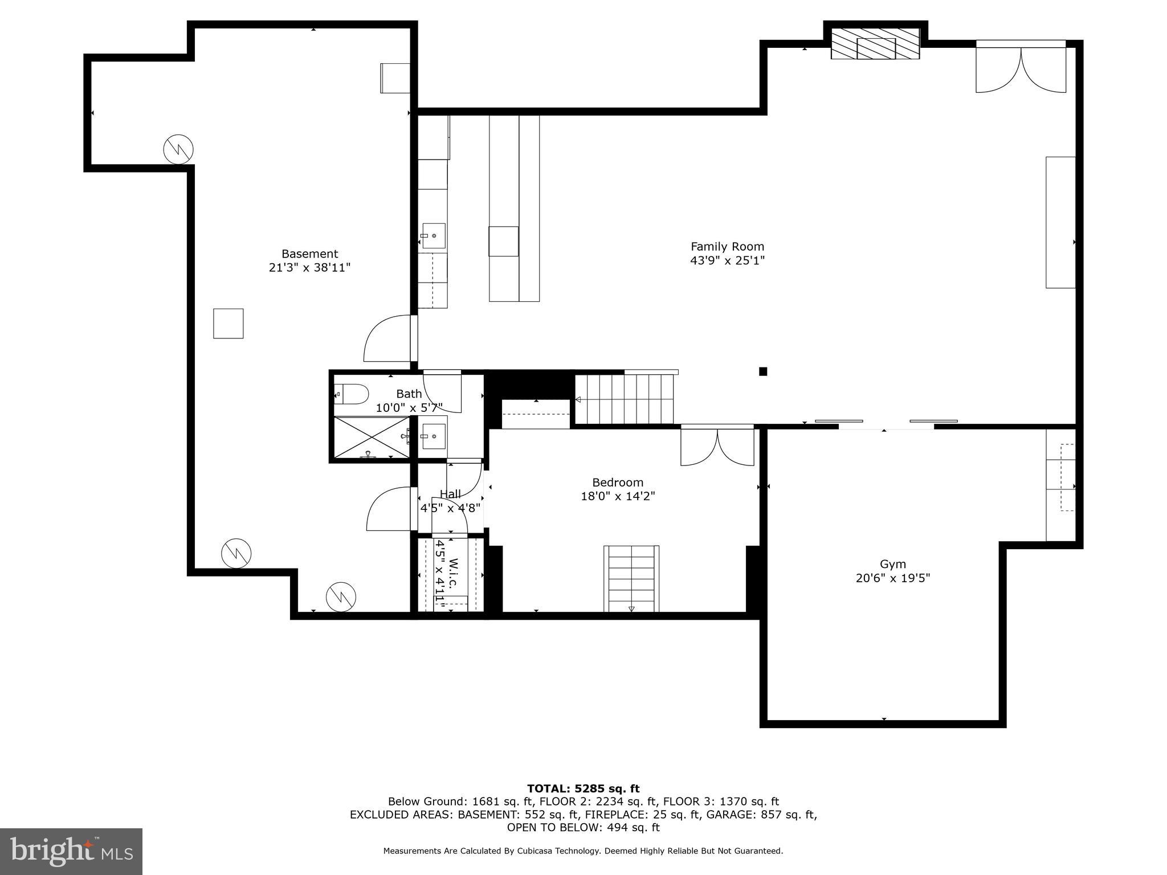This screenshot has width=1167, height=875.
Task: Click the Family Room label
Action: click(727, 247)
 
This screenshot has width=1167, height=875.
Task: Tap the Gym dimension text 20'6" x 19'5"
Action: click(892, 578)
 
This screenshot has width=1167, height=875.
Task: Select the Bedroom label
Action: click(618, 483)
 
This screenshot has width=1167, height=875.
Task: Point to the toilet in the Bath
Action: click(352, 394)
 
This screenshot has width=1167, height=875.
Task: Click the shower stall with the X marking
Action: click(371, 437)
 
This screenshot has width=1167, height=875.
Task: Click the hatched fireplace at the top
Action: click(875, 44)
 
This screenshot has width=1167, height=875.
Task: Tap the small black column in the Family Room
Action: click(763, 371)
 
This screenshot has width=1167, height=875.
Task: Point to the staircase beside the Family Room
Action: click(625, 399)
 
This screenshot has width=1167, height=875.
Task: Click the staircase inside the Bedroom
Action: click(631, 578)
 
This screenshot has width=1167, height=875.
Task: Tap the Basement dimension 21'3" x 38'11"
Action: click(309, 268)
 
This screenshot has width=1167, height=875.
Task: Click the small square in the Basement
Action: click(228, 324)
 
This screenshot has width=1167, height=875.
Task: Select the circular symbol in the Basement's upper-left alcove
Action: click(178, 150)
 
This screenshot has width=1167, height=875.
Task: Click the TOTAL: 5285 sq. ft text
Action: click(583, 789)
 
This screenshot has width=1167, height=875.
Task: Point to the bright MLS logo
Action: click(71, 852)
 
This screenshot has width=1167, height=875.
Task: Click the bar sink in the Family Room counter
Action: click(433, 236)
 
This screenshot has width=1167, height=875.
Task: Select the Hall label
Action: click(450, 494)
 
